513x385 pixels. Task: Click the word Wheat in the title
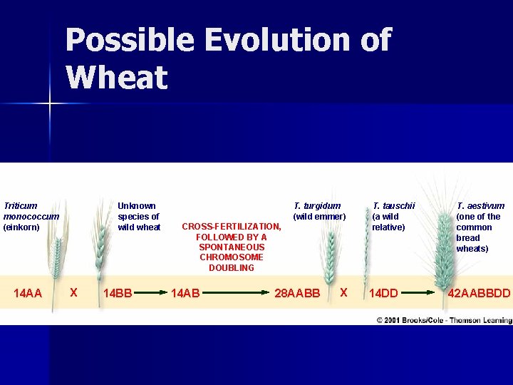116,77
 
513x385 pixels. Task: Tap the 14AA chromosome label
28,292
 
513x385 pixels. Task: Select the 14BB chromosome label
118,292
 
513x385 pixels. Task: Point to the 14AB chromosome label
186,292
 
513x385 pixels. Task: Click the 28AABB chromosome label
298,292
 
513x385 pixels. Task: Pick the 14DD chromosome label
383,292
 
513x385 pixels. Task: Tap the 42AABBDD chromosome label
479,292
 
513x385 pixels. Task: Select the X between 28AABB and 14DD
343,292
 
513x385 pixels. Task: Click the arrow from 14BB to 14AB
150,292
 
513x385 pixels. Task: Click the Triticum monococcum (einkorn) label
31,216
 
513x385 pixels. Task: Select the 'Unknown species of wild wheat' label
139,216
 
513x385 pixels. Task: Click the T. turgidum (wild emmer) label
319,211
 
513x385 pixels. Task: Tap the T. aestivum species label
480,227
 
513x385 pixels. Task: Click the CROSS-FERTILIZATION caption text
232,247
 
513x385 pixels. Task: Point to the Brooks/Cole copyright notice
443,320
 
